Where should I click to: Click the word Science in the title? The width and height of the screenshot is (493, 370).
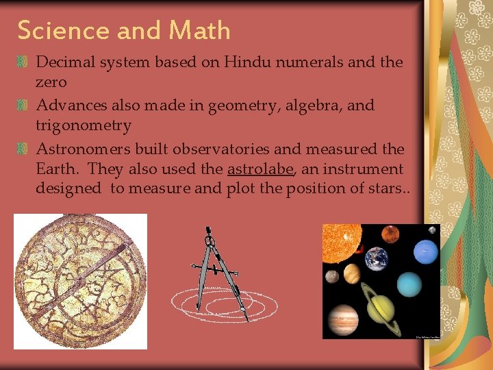pyautogui.click(x=62, y=30)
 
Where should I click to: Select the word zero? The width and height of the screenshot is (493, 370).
pyautogui.click(x=51, y=82)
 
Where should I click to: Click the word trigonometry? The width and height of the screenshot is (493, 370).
pyautogui.click(x=84, y=125)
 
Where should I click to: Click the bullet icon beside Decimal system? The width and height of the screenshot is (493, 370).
pyautogui.click(x=23, y=62)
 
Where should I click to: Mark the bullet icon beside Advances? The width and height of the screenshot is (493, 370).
pyautogui.click(x=23, y=106)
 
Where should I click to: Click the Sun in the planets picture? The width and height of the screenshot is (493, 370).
pyautogui.click(x=340, y=243)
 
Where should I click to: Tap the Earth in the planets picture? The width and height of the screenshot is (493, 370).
pyautogui.click(x=376, y=258)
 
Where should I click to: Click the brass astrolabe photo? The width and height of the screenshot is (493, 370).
pyautogui.click(x=80, y=281)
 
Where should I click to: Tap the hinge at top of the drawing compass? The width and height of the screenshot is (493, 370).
pyautogui.click(x=209, y=239)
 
